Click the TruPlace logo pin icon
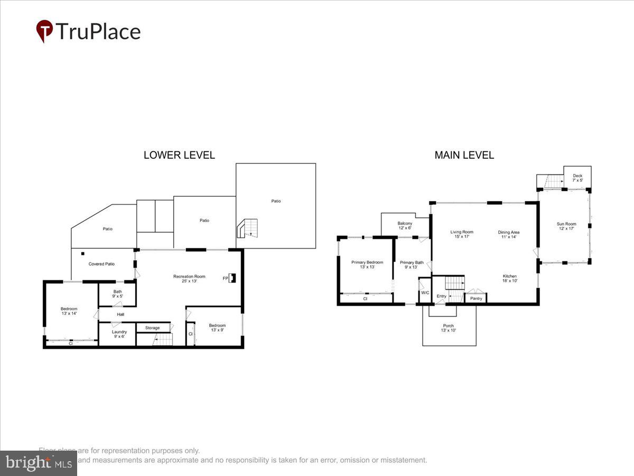pyautogui.click(x=44, y=31)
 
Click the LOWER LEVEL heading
pyautogui.click(x=179, y=155)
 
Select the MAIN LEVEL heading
pyautogui.click(x=464, y=155)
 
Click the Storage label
pyautogui.click(x=152, y=328)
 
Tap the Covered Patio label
pyautogui.click(x=101, y=264)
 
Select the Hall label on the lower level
pyautogui.click(x=120, y=314)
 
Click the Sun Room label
pyautogui.click(x=566, y=226)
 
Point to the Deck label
pyautogui.click(x=577, y=178)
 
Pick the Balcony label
pyautogui.click(x=405, y=226)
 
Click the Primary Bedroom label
pyautogui.click(x=367, y=264)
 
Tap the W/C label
pyautogui.click(x=425, y=292)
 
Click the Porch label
pyautogui.click(x=449, y=328)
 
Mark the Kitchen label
pyautogui.click(x=509, y=279)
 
